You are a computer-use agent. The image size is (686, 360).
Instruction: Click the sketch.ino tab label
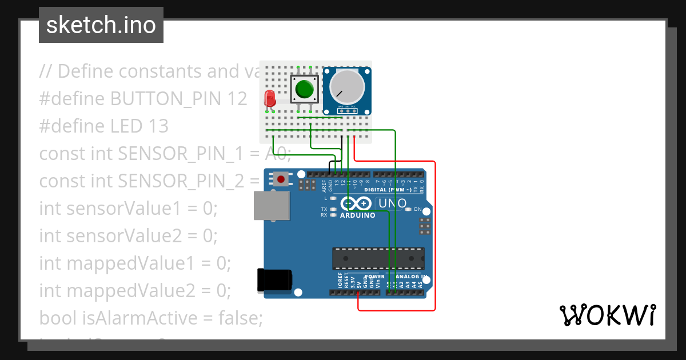tap(101, 25)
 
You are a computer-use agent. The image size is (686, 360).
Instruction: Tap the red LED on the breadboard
tap(270, 99)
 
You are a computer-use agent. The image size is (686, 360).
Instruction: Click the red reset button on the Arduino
tap(281, 179)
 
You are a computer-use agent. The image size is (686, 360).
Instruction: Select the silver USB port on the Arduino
tap(270, 205)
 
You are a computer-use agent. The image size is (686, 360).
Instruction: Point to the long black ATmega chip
tap(378, 258)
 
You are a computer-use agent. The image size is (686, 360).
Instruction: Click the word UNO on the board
tap(393, 203)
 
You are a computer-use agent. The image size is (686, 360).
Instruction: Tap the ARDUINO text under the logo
tap(358, 215)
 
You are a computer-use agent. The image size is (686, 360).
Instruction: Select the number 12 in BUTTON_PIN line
tap(236, 99)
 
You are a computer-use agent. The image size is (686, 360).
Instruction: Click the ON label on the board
tap(417, 209)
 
